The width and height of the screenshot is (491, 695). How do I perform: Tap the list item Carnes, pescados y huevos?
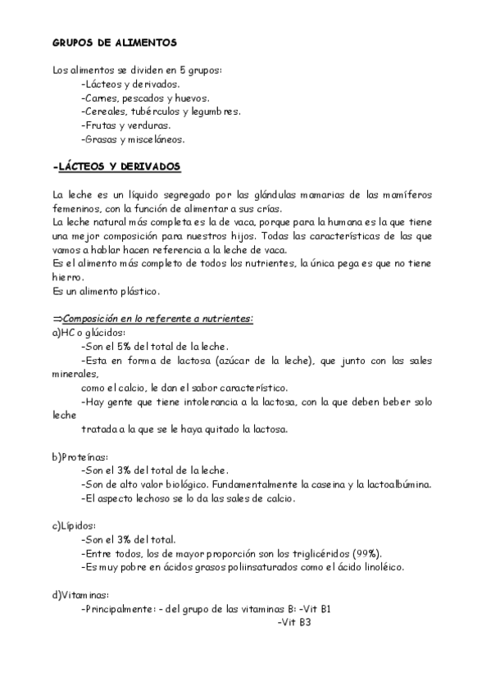(x=140, y=98)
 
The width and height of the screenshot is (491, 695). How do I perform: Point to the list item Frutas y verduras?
(x=127, y=125)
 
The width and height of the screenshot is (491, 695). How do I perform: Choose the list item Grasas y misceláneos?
(x=134, y=139)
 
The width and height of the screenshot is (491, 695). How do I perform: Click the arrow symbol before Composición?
(x=57, y=318)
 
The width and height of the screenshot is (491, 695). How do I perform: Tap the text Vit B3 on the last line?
(x=295, y=623)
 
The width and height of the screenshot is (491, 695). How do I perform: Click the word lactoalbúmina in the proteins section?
(x=391, y=484)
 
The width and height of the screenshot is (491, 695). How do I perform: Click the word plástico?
(x=137, y=291)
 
